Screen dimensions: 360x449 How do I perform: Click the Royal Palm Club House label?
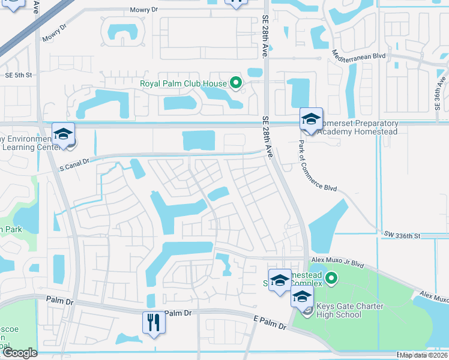(x=182, y=84)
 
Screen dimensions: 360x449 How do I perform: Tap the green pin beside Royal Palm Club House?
(x=236, y=83)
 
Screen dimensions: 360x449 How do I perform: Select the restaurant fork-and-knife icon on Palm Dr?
(x=154, y=323)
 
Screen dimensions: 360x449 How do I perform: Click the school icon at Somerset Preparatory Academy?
(x=311, y=119)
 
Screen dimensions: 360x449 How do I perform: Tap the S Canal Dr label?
(x=73, y=161)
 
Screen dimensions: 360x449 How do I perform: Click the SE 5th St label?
(x=18, y=75)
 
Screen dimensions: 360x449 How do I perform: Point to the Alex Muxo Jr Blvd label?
(x=338, y=262)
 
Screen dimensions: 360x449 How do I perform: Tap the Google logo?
(x=19, y=353)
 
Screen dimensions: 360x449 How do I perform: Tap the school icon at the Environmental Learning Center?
(x=62, y=134)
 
